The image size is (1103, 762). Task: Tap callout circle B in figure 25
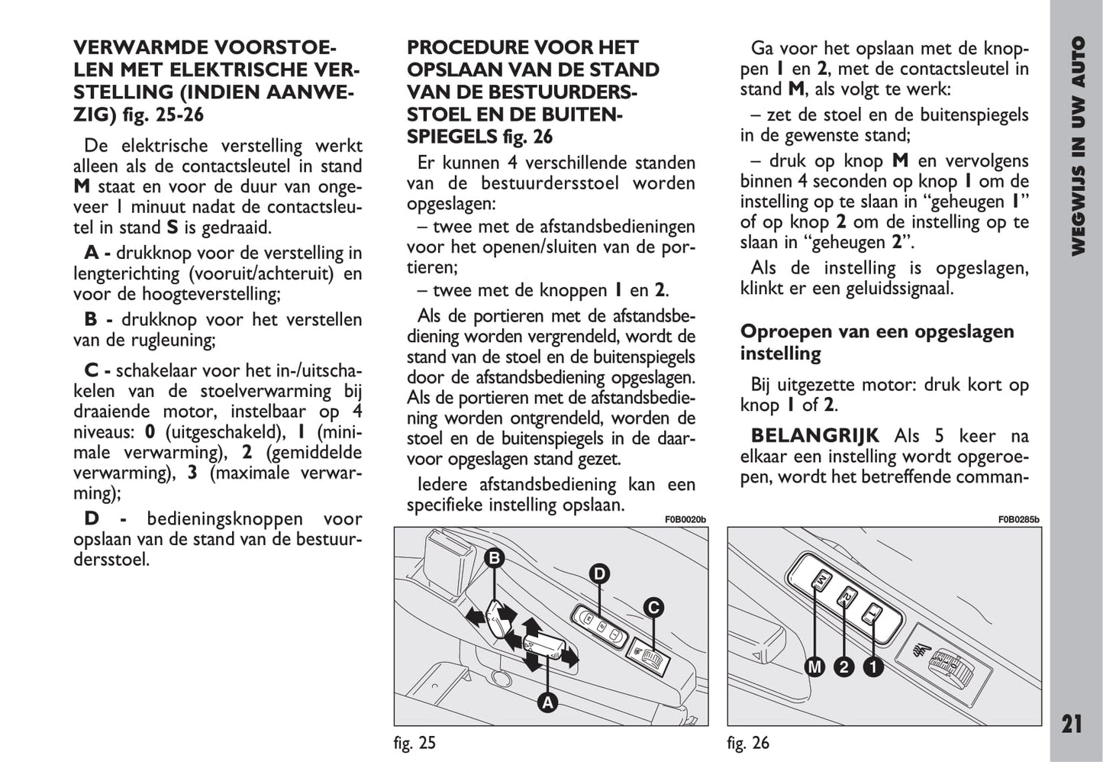(x=494, y=558)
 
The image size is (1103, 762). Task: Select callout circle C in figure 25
(x=653, y=608)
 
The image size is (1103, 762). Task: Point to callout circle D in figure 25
(x=599, y=574)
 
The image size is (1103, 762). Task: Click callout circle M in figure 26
(x=815, y=667)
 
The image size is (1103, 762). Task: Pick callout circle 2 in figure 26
(x=843, y=667)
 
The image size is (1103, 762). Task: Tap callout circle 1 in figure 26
(x=872, y=667)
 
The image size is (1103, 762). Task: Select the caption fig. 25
(x=415, y=742)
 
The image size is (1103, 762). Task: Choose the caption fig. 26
(x=748, y=742)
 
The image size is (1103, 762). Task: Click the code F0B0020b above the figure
(x=685, y=520)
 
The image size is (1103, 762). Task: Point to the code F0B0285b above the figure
(x=1018, y=520)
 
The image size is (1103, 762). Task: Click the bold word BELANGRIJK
(x=814, y=436)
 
